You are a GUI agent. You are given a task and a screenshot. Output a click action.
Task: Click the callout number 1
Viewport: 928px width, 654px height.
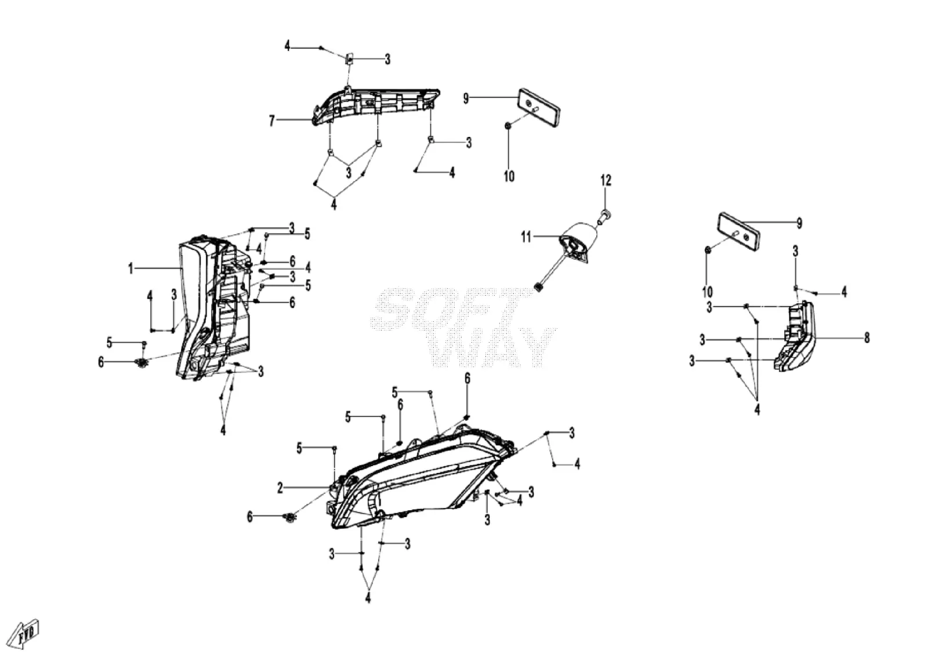(131, 269)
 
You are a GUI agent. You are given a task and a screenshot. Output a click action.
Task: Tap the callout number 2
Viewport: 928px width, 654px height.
(280, 488)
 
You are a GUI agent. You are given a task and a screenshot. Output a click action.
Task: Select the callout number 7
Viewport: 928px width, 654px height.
(272, 121)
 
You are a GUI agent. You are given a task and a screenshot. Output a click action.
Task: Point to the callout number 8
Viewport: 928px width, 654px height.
(867, 338)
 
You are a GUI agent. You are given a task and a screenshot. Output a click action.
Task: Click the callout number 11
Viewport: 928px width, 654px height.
(525, 237)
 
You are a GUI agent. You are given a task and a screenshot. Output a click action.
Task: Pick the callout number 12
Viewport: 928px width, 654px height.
(606, 180)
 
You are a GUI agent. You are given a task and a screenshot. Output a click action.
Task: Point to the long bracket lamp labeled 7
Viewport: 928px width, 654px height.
(375, 106)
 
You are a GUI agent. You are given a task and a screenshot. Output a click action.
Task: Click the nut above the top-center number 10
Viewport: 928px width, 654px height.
(508, 125)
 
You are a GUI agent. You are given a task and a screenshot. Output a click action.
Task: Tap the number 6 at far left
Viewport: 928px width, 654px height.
(101, 362)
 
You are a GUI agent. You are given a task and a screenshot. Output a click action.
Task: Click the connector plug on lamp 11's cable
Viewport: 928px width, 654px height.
(539, 287)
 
